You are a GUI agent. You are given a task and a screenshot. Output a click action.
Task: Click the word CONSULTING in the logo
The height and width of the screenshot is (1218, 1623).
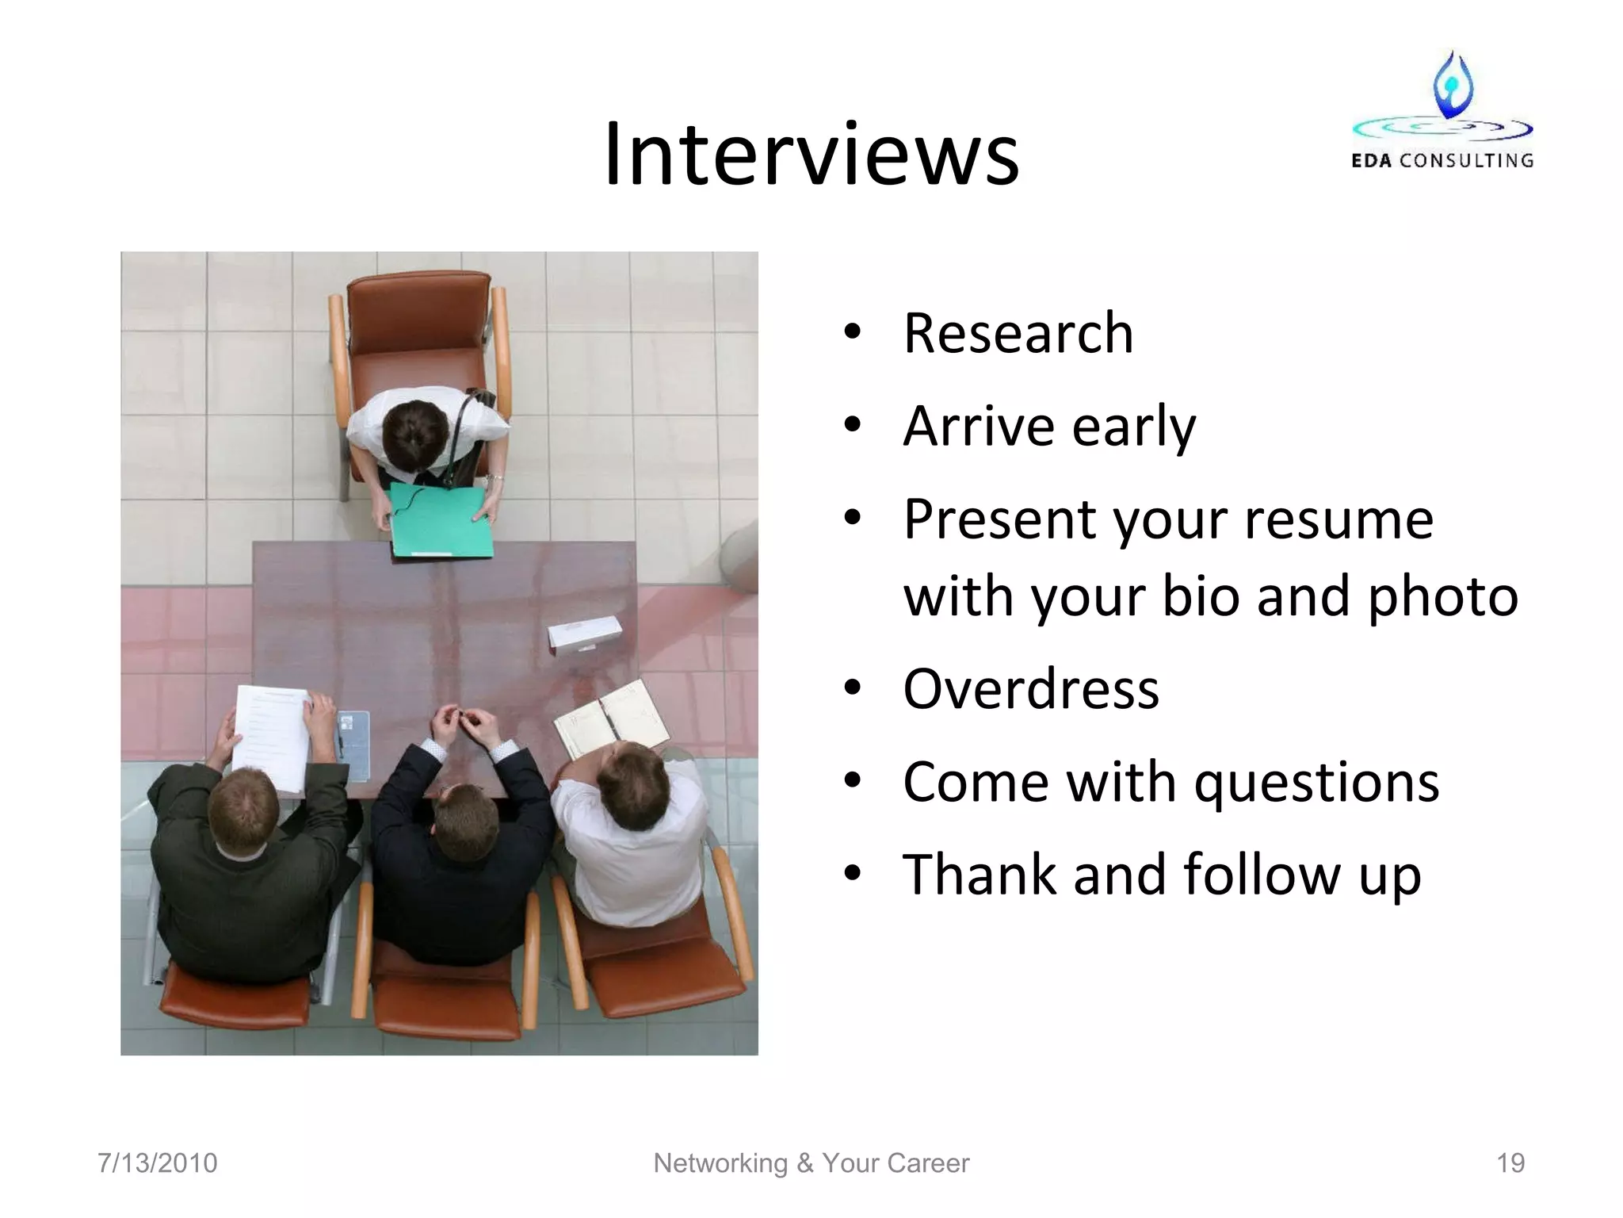(1466, 161)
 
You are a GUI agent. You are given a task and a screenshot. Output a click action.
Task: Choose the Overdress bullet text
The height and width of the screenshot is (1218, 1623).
(1031, 688)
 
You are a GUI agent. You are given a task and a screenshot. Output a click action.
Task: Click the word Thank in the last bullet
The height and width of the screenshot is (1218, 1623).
(979, 875)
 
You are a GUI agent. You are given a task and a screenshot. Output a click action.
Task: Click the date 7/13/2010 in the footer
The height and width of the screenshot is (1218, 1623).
(157, 1163)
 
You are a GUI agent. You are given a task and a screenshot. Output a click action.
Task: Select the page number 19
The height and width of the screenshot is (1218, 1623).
(1510, 1163)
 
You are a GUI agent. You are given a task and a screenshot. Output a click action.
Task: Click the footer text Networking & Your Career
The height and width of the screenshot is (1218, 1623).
(811, 1163)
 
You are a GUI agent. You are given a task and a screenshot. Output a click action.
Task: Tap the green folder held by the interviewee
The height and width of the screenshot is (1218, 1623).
(441, 522)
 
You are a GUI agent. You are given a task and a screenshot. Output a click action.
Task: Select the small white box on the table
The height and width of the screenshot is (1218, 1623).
(585, 634)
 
